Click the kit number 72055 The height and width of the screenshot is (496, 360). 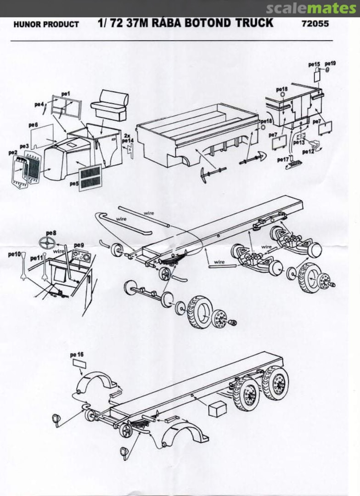click(316, 23)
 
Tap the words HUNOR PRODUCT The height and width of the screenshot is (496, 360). click(46, 24)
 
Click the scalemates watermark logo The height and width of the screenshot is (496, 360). click(311, 8)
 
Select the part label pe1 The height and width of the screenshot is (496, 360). click(66, 94)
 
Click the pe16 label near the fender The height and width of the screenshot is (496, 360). click(77, 355)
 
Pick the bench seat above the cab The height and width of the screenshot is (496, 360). click(109, 105)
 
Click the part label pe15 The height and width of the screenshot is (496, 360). click(314, 64)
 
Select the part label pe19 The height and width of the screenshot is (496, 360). click(330, 63)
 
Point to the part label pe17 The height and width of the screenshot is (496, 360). click(283, 159)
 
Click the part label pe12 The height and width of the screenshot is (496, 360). click(308, 152)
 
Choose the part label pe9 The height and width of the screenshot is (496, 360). click(79, 245)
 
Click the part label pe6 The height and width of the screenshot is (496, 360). click(33, 125)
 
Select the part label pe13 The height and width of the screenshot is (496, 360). click(298, 142)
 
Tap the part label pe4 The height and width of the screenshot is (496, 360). click(39, 105)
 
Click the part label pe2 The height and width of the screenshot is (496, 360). click(12, 152)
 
